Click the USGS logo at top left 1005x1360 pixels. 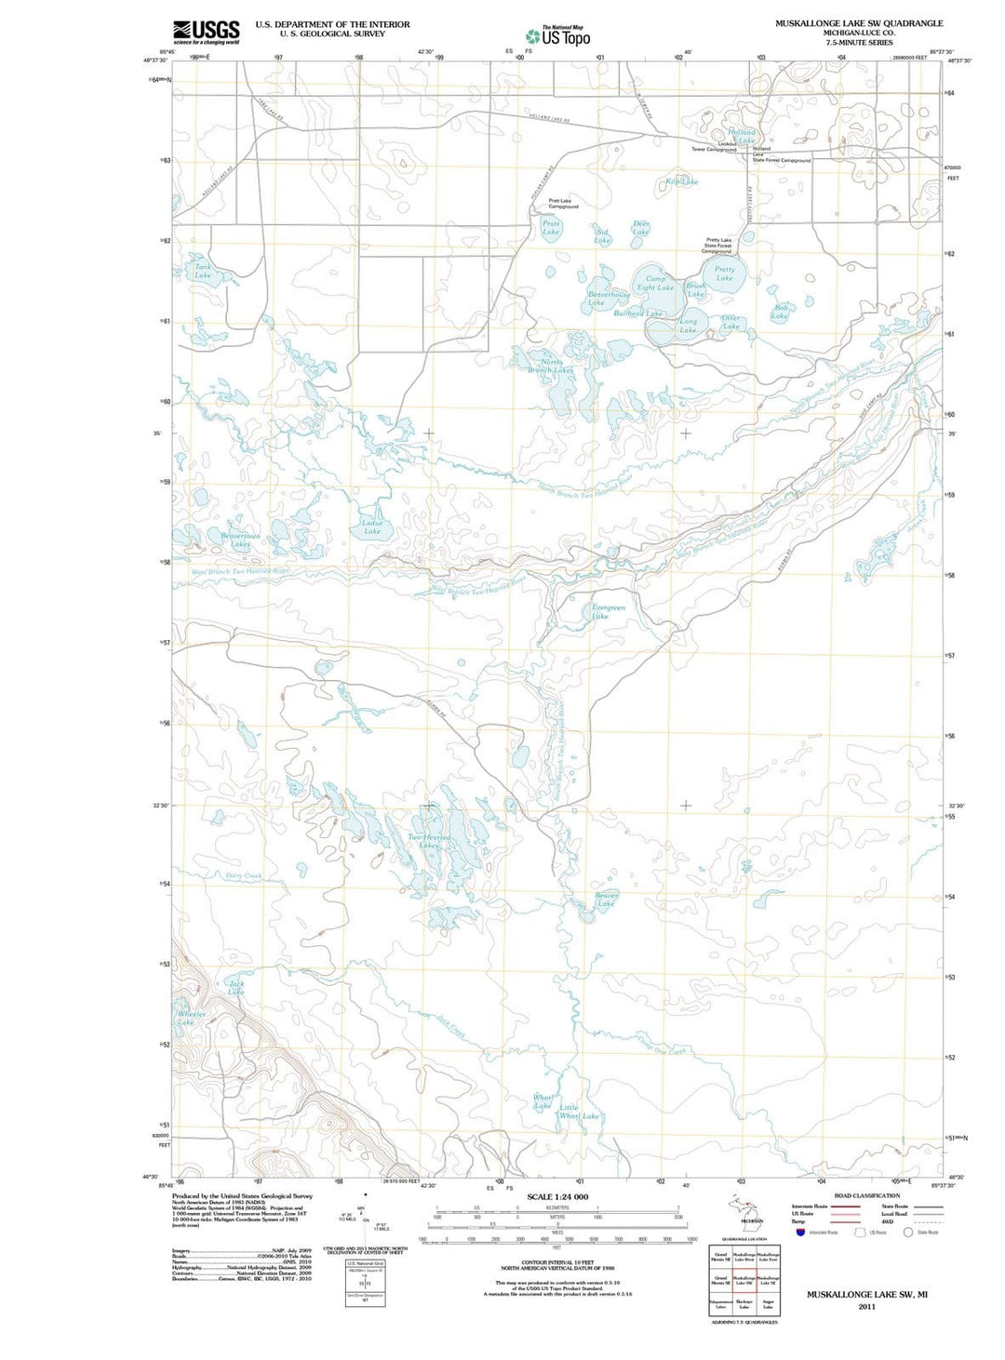(206, 32)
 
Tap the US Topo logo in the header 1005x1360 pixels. (559, 36)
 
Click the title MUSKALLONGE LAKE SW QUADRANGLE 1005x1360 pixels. (858, 23)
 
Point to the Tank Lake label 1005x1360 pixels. (202, 271)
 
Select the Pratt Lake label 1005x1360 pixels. (551, 227)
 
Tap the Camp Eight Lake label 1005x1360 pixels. (655, 283)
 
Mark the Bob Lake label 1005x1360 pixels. (780, 312)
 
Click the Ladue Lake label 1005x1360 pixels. (372, 527)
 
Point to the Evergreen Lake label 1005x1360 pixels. (609, 611)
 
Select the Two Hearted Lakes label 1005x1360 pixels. (429, 841)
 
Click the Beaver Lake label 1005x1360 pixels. (606, 899)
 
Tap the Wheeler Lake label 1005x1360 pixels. (187, 1018)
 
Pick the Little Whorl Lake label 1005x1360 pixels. (577, 1112)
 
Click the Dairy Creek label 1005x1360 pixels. (244, 875)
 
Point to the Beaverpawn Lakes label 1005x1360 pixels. (240, 540)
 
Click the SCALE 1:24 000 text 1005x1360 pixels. (558, 1196)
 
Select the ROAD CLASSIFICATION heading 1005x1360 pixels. (866, 1195)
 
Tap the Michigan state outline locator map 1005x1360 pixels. (744, 1210)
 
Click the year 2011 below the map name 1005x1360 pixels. (866, 1306)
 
